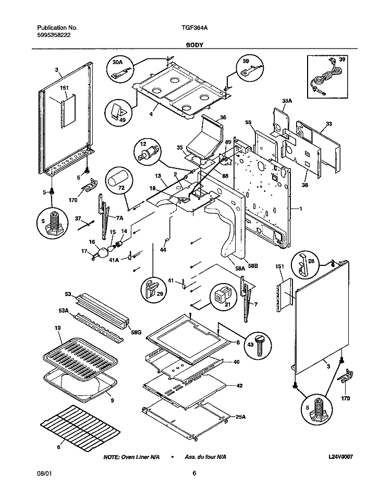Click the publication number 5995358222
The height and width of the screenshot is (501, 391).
point(55,35)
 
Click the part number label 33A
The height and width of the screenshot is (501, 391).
point(287,101)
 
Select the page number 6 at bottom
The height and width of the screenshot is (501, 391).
point(194,473)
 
